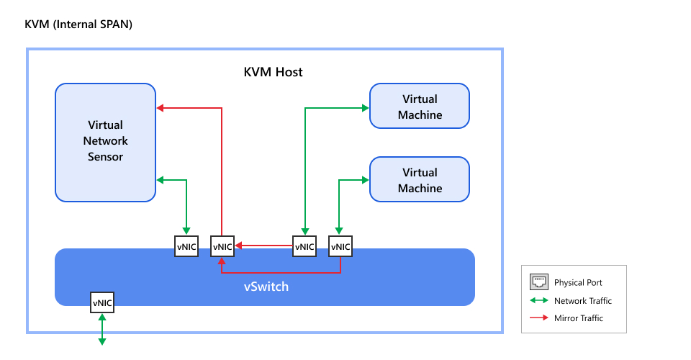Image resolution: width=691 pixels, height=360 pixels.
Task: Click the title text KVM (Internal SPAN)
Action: point(78,24)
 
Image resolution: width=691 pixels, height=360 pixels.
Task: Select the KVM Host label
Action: point(273,72)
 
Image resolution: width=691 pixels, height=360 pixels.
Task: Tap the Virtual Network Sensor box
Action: point(106,142)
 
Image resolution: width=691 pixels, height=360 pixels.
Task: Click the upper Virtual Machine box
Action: point(420,107)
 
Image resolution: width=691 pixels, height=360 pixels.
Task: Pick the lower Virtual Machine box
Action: point(420,180)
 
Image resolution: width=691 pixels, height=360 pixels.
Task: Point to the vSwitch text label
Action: point(266,287)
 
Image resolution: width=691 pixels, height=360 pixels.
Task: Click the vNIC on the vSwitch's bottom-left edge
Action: point(101,303)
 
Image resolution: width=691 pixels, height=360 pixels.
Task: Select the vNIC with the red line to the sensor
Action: point(222,246)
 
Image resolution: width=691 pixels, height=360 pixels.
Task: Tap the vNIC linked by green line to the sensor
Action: point(187,246)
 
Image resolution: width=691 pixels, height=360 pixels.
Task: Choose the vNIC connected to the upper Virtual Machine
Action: point(304,246)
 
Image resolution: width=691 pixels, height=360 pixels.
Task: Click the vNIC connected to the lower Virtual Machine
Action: point(340,246)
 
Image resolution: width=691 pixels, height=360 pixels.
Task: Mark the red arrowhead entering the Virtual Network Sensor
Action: point(161,108)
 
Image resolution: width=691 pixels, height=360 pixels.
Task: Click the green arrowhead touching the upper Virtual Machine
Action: point(364,108)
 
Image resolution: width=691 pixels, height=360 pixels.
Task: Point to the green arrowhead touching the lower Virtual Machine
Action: point(364,180)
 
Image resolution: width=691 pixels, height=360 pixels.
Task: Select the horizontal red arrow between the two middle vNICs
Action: point(263,246)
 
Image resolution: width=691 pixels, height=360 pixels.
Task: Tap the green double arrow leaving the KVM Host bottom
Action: point(101,329)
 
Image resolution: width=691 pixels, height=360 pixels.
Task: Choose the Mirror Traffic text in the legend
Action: point(578,318)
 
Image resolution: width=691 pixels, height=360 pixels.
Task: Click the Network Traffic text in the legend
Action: point(582,300)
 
